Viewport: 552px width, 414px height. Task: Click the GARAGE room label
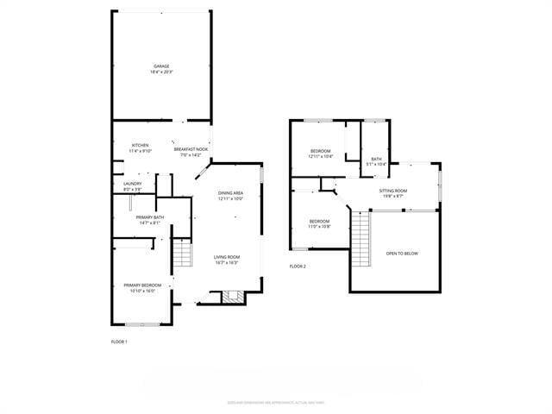point(161,66)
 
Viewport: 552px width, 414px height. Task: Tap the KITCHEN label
point(140,145)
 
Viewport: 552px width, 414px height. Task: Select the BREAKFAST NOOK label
point(191,149)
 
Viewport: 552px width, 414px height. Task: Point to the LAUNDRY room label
point(132,183)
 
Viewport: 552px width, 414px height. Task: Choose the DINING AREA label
point(230,192)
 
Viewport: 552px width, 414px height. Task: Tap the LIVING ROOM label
point(227,257)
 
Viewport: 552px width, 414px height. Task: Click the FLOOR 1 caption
point(119,342)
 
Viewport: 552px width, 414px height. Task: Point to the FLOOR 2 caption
point(298,266)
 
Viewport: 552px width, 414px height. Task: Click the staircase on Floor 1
point(182,255)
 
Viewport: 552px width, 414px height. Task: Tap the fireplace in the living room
point(230,298)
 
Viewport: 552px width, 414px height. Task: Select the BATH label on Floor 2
point(376,159)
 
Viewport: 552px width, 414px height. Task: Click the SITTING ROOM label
point(392,190)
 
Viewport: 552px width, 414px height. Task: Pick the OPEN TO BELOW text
point(402,253)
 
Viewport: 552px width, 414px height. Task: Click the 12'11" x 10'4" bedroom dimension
point(321,156)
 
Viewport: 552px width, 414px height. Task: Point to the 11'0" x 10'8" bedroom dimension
point(320,227)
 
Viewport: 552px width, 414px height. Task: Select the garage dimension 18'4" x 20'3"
point(161,72)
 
